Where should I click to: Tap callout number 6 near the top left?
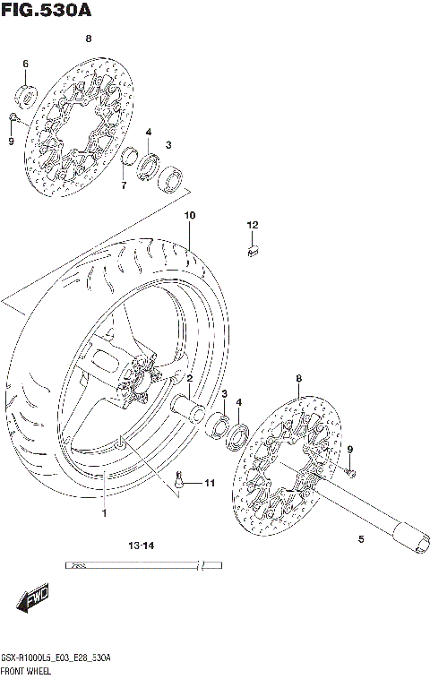click(25, 64)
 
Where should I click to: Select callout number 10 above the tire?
click(189, 216)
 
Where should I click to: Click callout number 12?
click(253, 224)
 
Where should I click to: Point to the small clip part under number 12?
click(253, 251)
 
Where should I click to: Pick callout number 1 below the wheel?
click(103, 513)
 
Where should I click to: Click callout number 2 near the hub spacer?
click(189, 379)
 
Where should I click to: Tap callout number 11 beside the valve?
click(210, 484)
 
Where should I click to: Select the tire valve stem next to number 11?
click(184, 482)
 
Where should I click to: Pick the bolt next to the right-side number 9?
click(352, 470)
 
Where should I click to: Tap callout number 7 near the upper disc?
click(124, 185)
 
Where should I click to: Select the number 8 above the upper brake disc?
click(88, 39)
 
